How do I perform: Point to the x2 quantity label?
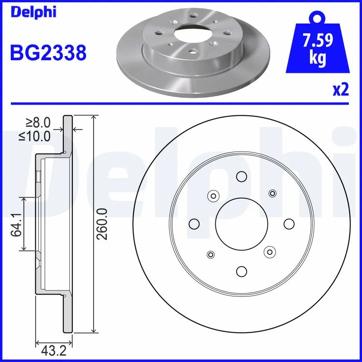pyautogui.click(x=341, y=90)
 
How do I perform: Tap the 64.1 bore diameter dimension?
pyautogui.click(x=16, y=224)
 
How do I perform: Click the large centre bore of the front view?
pyautogui.click(x=241, y=224)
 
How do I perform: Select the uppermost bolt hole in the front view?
pyautogui.click(x=241, y=176)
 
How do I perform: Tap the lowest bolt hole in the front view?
pyautogui.click(x=241, y=271)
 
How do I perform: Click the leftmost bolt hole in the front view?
pyautogui.click(x=194, y=224)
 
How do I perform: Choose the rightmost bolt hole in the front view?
pyautogui.click(x=289, y=224)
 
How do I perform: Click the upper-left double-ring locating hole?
pyautogui.click(x=213, y=195)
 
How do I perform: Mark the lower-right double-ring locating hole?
pyautogui.click(x=270, y=252)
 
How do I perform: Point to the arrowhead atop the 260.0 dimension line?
pyautogui.click(x=94, y=118)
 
